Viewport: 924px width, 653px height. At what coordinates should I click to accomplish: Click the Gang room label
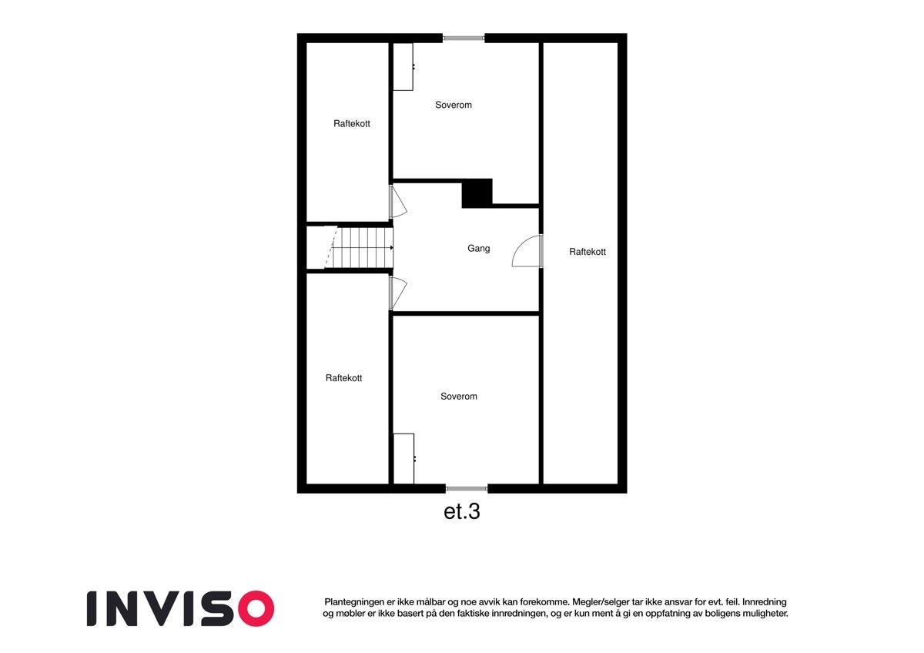(x=478, y=249)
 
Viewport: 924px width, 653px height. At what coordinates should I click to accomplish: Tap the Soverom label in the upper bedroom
(x=453, y=105)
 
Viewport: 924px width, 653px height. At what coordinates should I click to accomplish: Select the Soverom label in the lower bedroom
(x=458, y=397)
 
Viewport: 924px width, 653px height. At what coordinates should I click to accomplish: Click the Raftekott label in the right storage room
(x=588, y=252)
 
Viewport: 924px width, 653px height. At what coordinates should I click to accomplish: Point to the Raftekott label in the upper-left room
(x=351, y=124)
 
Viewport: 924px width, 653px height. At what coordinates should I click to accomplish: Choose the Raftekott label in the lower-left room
(x=343, y=378)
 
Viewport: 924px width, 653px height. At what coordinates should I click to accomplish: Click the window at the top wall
(x=464, y=38)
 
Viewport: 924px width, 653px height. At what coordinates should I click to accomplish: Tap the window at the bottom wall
(x=467, y=488)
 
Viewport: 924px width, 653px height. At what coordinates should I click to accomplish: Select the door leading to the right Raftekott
(x=528, y=251)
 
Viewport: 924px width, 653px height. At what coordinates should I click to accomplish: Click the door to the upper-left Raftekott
(x=397, y=203)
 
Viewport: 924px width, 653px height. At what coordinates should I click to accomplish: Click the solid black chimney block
(x=477, y=193)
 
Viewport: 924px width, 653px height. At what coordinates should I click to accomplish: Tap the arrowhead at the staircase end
(x=392, y=248)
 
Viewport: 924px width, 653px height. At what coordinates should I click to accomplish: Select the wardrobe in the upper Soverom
(x=403, y=66)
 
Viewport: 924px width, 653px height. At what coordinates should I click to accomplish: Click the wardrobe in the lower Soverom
(x=403, y=458)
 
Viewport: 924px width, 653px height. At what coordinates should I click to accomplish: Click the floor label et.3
(x=462, y=512)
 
